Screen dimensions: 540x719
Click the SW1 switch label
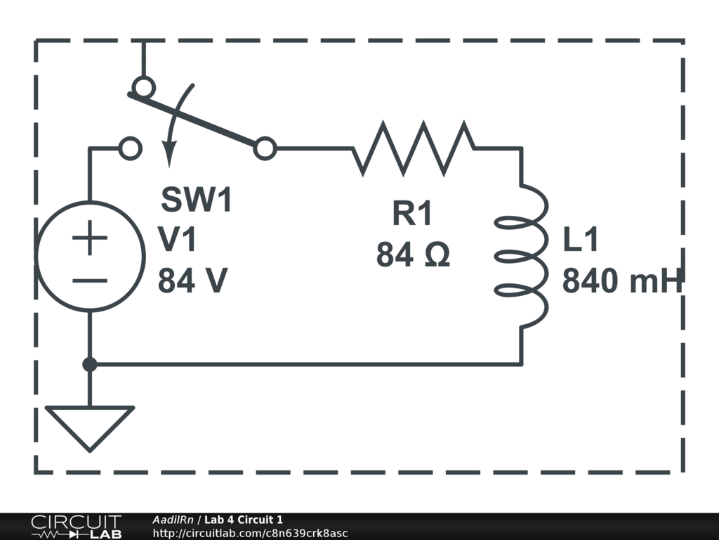tap(197, 200)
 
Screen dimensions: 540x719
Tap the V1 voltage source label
tap(178, 240)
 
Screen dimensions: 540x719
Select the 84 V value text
tap(192, 281)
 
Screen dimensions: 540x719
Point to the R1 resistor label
tap(412, 214)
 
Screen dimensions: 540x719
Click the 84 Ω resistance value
tap(412, 255)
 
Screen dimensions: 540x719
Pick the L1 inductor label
tap(581, 240)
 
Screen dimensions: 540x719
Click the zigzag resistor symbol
tap(413, 148)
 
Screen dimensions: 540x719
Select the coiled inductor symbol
tap(522, 256)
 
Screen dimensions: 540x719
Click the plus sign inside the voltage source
tap(90, 240)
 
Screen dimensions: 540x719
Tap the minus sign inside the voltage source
tap(90, 281)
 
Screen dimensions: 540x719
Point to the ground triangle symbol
tap(90, 425)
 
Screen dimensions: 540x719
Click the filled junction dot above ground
tap(90, 364)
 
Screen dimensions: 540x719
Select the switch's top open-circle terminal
tap(143, 87)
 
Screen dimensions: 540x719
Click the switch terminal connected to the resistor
tap(265, 148)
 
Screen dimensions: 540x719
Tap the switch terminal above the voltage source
tap(131, 148)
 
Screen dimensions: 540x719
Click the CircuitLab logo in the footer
tap(76, 527)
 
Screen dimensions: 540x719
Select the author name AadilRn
tap(173, 520)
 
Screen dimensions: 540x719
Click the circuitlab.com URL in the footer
tap(250, 534)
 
